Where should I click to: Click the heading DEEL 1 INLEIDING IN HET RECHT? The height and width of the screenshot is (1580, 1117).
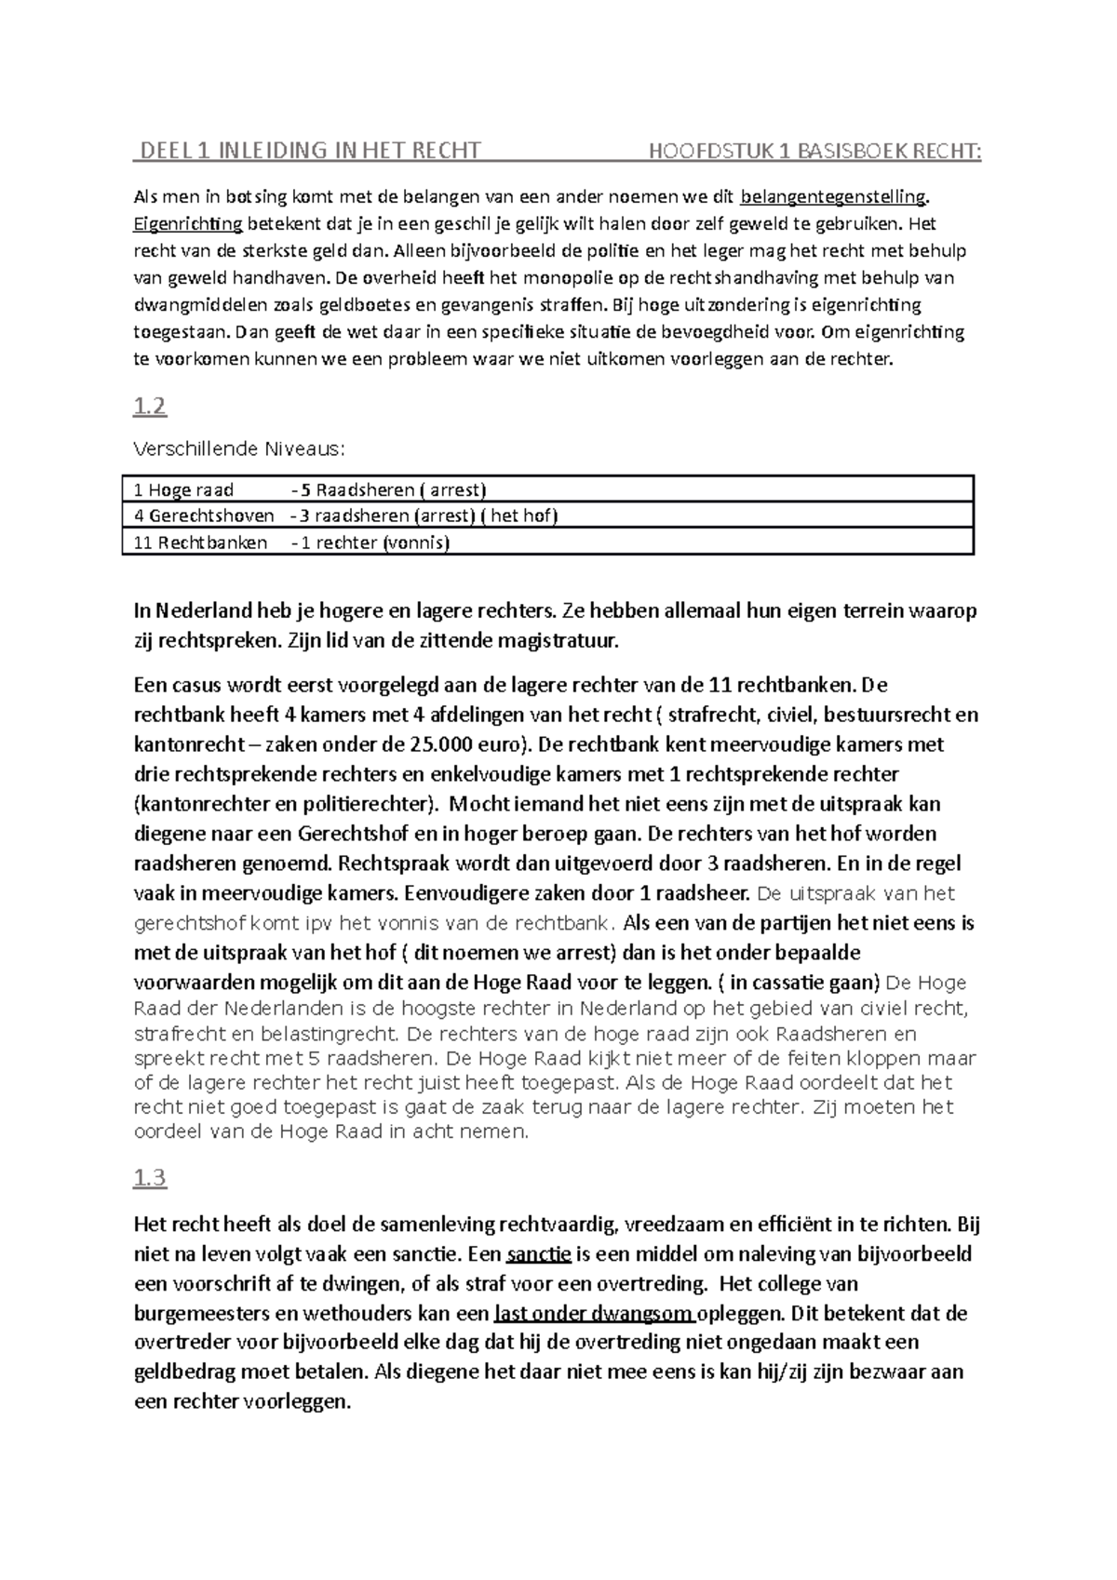point(308,150)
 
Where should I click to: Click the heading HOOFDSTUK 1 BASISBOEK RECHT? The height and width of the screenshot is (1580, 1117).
point(814,150)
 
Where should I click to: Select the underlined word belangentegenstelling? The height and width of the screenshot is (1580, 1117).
point(833,196)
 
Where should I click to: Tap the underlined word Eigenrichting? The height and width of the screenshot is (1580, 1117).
point(188,223)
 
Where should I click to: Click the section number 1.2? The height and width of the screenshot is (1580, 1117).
point(150,406)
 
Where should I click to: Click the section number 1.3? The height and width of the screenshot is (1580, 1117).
point(150,1178)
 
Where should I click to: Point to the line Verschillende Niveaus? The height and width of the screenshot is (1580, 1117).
point(239,449)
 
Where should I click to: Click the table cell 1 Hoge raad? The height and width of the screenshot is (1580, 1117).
point(184,489)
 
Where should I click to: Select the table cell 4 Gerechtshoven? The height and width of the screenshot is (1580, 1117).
point(204,516)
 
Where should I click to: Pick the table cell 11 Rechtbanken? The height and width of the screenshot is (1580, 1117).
point(200,542)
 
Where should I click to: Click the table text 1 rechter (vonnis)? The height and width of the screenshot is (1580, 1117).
point(374,542)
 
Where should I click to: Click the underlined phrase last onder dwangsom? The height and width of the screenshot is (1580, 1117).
point(595,1313)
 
